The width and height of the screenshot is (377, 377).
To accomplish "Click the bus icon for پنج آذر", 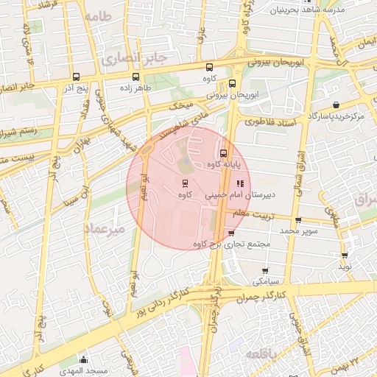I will tap(77, 77).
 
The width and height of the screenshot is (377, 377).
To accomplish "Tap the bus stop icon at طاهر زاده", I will tap(135, 77).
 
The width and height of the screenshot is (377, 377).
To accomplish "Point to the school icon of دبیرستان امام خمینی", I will tap(239, 183).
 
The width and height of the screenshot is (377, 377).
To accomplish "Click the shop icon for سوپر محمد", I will tap(297, 220).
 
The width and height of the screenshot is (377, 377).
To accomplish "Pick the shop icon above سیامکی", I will tap(265, 271).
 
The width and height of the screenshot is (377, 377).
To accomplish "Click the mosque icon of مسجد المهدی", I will tap(83, 359).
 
